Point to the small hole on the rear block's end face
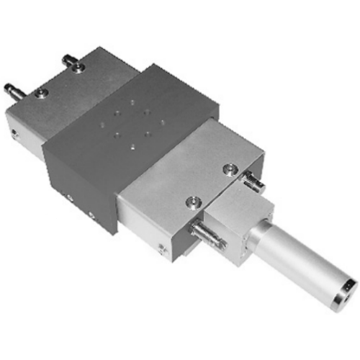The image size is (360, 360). tap(15, 132)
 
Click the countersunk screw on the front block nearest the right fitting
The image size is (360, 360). tap(230, 170)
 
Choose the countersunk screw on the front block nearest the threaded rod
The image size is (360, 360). tap(192, 204)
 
